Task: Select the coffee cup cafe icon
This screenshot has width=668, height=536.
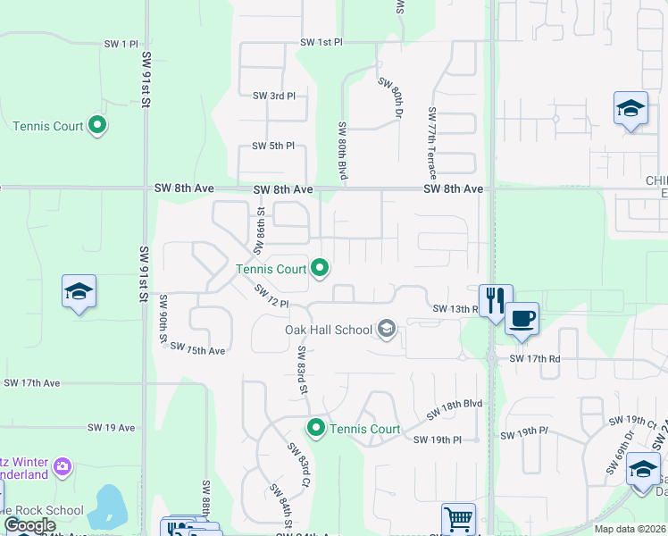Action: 522,318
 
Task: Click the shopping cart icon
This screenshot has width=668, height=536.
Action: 458,518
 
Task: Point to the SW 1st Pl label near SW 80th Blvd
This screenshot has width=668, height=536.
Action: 321,42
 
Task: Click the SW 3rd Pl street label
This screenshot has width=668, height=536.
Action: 273,96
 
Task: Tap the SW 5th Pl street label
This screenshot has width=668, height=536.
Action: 273,146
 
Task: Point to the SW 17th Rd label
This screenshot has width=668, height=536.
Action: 534,358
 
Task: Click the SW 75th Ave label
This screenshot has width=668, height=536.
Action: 197,349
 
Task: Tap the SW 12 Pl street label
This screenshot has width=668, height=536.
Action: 271,297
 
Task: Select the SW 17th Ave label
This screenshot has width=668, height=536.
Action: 31,382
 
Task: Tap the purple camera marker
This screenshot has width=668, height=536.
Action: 62,466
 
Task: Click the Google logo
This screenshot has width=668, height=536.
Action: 29,525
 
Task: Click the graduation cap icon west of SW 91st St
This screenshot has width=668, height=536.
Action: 79,292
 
